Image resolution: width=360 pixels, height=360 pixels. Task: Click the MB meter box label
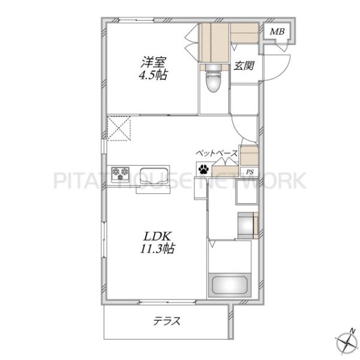[x=277, y=31]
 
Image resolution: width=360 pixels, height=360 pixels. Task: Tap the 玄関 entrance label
[x=244, y=65]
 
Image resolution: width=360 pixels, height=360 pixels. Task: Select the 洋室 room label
[x=154, y=62]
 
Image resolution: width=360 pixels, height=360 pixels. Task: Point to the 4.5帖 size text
[x=153, y=75]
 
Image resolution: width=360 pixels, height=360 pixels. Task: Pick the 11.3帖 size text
[x=157, y=248]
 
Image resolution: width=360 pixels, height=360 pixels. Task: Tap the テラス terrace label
[x=167, y=321]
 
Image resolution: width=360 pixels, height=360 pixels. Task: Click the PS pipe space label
[x=250, y=172]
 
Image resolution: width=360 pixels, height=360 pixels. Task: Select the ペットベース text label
[x=217, y=153]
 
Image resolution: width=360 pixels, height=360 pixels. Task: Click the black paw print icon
[x=203, y=169]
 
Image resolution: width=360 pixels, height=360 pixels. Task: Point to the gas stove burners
[x=120, y=174]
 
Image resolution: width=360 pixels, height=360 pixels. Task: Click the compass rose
[x=347, y=343]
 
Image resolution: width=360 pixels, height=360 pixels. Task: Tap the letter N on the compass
[x=351, y=331]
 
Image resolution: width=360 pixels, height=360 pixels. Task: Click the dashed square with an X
[x=119, y=128]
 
